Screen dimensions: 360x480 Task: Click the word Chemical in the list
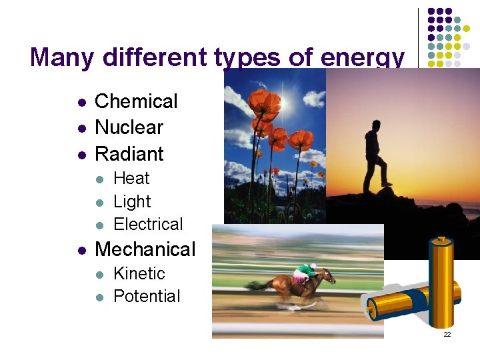click(136, 101)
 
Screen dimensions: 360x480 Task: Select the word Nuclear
click(129, 127)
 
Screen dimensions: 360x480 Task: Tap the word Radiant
click(129, 153)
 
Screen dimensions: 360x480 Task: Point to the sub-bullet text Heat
click(131, 179)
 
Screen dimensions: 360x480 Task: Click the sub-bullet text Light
click(132, 201)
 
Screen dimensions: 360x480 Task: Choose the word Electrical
click(148, 224)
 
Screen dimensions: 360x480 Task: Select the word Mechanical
click(145, 249)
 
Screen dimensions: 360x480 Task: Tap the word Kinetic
click(139, 273)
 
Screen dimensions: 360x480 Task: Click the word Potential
click(147, 296)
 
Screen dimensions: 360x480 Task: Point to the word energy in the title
click(362, 58)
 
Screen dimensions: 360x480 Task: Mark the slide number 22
click(447, 334)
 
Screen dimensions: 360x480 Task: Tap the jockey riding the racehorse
click(303, 273)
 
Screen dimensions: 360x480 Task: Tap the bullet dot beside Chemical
click(81, 103)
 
